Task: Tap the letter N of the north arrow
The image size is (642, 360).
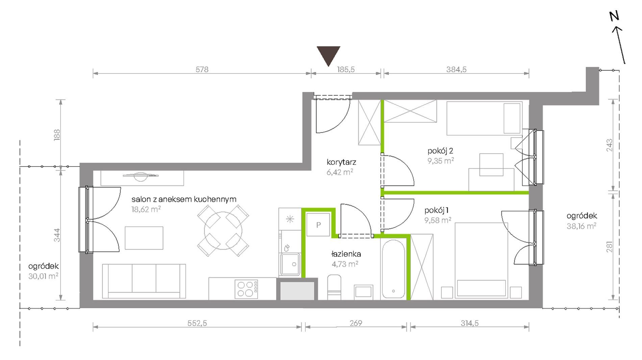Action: (614, 16)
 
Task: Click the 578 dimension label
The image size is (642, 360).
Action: (202, 69)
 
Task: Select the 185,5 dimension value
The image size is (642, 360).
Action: (346, 69)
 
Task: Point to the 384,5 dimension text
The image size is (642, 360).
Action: (456, 69)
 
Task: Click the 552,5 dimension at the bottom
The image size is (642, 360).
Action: (197, 323)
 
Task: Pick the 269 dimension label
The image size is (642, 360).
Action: (356, 323)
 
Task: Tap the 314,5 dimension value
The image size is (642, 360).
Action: (470, 323)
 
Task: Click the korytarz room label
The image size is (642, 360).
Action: (341, 162)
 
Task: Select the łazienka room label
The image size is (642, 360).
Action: (346, 254)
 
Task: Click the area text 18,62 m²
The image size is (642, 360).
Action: (146, 209)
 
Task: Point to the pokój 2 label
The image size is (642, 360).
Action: (440, 151)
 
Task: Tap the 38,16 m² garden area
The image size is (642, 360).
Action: (582, 226)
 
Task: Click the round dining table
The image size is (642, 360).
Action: (223, 231)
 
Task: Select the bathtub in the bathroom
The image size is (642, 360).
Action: (394, 269)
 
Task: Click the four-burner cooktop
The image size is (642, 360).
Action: (246, 289)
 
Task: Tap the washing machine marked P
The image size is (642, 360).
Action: (318, 224)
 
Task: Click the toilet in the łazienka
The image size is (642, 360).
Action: (334, 287)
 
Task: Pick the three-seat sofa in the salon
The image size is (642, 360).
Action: (144, 281)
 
